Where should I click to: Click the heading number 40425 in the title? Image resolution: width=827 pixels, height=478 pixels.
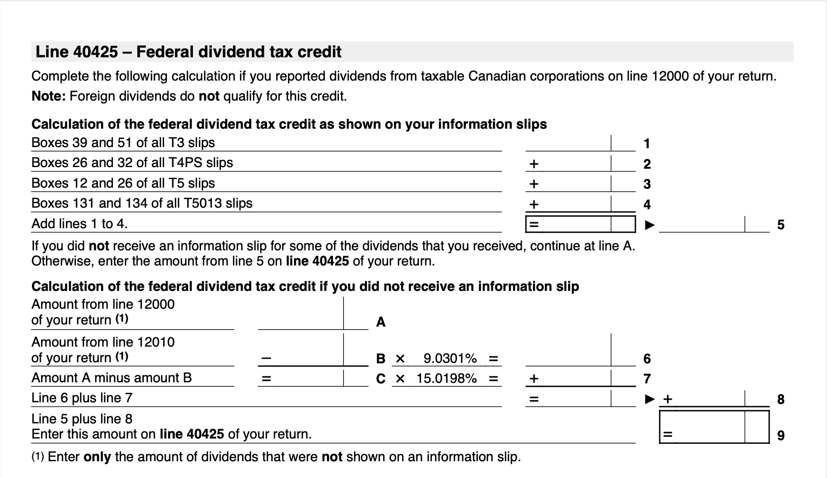click(x=95, y=52)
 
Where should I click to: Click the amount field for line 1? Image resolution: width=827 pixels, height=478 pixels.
click(x=569, y=143)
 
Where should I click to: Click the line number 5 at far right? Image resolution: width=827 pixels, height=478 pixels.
click(x=781, y=225)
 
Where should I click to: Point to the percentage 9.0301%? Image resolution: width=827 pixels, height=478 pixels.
click(x=450, y=358)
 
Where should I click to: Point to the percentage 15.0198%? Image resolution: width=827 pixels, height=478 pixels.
click(x=446, y=379)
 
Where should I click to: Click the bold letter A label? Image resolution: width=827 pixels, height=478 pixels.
click(x=381, y=322)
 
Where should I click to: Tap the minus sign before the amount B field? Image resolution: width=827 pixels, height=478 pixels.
click(x=265, y=358)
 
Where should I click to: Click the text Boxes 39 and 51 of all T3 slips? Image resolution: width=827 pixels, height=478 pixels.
click(x=123, y=143)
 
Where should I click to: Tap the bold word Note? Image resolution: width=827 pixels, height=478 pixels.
click(x=49, y=96)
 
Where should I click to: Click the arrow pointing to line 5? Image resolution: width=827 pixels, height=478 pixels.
click(x=651, y=224)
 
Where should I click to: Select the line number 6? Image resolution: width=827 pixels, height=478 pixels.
click(x=647, y=358)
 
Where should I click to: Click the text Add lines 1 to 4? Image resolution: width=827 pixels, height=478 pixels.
click(x=79, y=224)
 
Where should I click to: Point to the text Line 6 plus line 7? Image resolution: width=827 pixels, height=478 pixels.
click(x=82, y=398)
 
